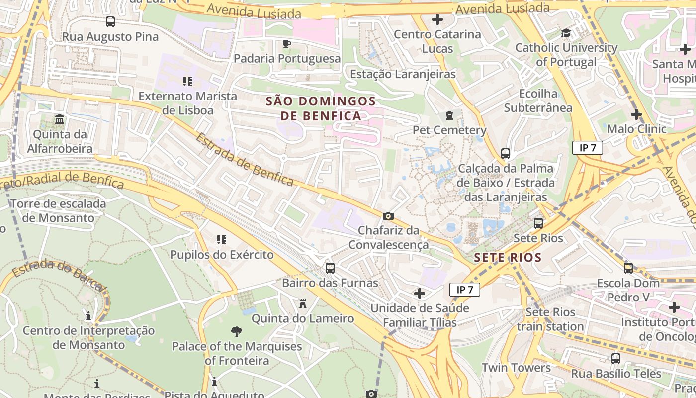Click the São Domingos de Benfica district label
pos(321,108)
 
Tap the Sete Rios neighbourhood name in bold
pos(507,258)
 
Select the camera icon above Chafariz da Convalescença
pos(388,216)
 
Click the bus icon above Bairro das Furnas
pos(330,268)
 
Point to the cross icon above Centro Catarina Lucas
pos(437,19)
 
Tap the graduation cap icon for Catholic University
pos(566,33)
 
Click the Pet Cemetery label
pos(449,130)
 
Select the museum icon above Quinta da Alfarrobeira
pos(60,119)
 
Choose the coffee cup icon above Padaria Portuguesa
pos(286,44)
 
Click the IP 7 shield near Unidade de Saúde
pos(465,290)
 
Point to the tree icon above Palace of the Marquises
pos(237,331)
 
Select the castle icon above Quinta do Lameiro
pos(302,303)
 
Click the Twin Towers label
pos(516,368)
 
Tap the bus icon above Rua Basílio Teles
pos(615,358)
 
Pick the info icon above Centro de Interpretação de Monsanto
pos(88,316)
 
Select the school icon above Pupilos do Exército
pos(222,240)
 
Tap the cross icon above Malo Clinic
pos(636,114)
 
